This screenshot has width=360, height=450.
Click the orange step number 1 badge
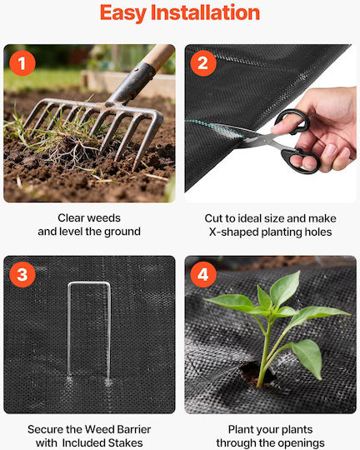pyautogui.click(x=22, y=63)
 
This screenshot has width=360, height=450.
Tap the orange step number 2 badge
pyautogui.click(x=203, y=63)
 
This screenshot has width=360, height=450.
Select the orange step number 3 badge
pyautogui.click(x=22, y=274)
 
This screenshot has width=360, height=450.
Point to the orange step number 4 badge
pyautogui.click(x=203, y=274)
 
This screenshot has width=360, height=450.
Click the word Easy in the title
pyautogui.click(x=123, y=13)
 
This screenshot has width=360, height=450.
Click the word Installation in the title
pyautogui.click(x=205, y=12)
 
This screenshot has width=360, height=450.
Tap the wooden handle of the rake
pyautogui.click(x=159, y=57)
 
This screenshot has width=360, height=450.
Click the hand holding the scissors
pyautogui.click(x=322, y=129)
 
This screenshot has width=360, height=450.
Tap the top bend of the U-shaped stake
pyautogui.click(x=89, y=283)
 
